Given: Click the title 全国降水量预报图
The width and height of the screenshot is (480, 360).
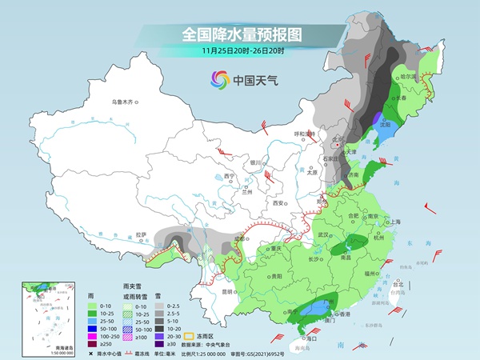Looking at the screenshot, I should point(239,34).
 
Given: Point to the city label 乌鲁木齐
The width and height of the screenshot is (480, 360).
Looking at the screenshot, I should point(124,102).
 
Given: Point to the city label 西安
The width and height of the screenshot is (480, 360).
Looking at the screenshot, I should point(279,203).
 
